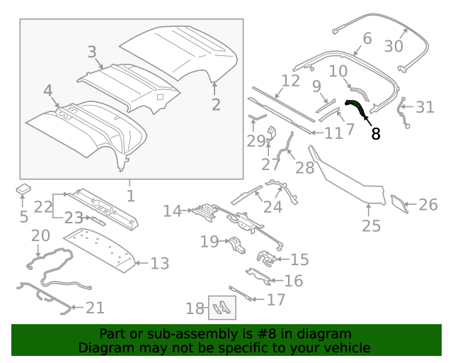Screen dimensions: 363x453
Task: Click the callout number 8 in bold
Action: click(x=376, y=133)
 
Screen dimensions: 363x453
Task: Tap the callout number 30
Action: click(x=393, y=46)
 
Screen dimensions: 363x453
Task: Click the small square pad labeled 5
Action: click(x=24, y=189)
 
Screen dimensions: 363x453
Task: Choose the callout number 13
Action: click(x=160, y=264)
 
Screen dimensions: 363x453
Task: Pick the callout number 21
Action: click(x=95, y=308)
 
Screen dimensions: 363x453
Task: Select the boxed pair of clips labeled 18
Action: click(x=222, y=307)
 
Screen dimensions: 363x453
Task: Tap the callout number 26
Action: click(x=428, y=205)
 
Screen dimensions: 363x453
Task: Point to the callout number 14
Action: click(x=172, y=211)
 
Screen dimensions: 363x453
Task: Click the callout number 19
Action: click(x=209, y=242)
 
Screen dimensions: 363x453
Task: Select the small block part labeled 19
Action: click(x=235, y=245)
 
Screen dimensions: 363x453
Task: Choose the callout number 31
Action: click(x=425, y=107)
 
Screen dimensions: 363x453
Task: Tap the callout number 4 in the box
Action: click(x=47, y=91)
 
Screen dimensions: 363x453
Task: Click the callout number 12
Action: click(x=290, y=80)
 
